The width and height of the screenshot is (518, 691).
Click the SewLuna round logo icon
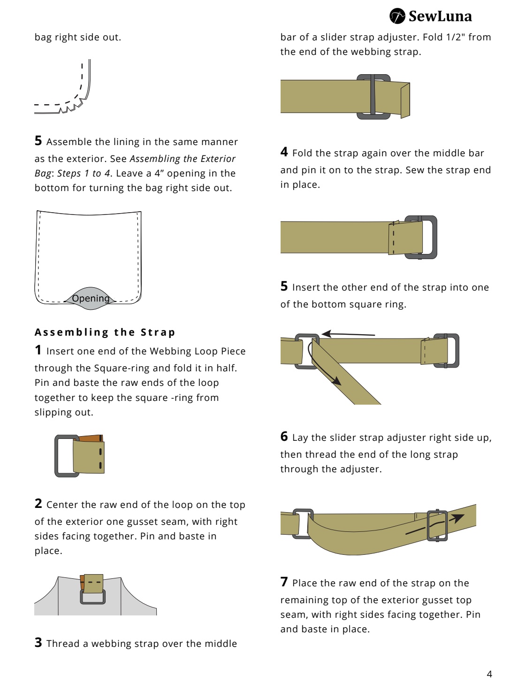(x=397, y=16)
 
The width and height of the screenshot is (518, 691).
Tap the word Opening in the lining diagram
(x=91, y=298)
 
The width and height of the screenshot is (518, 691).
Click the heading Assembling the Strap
(x=105, y=332)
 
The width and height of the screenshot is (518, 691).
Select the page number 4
(x=489, y=674)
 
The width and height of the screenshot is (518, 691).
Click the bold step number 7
(x=284, y=582)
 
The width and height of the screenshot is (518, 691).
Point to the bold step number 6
(x=284, y=436)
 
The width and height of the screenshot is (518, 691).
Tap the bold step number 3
(x=38, y=643)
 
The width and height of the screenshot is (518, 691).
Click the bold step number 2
(x=38, y=503)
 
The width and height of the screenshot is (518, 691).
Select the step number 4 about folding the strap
(x=284, y=152)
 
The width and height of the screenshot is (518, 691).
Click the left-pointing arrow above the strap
(x=348, y=334)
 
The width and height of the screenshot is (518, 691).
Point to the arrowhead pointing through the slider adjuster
(x=458, y=517)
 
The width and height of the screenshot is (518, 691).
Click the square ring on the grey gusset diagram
(x=92, y=597)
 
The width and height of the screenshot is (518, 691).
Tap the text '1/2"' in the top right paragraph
(x=456, y=37)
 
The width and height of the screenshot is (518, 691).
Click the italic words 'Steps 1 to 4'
(x=84, y=173)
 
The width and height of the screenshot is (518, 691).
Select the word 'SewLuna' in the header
(x=440, y=16)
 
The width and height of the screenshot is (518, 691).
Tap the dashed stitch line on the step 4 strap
(x=393, y=238)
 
